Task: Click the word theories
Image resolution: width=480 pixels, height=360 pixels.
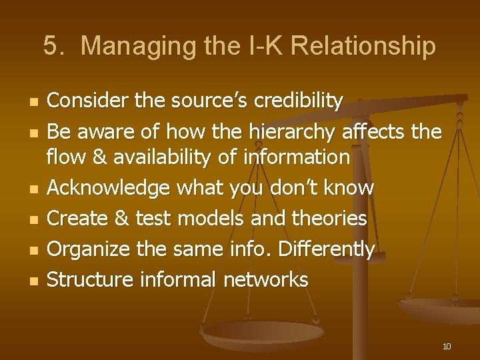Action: tap(332, 218)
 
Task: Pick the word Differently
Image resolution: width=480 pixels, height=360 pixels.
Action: tap(326, 249)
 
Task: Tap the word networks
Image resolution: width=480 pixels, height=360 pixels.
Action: tap(265, 279)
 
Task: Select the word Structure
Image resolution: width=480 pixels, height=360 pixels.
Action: tap(90, 279)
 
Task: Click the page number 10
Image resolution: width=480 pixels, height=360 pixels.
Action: tap(446, 346)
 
